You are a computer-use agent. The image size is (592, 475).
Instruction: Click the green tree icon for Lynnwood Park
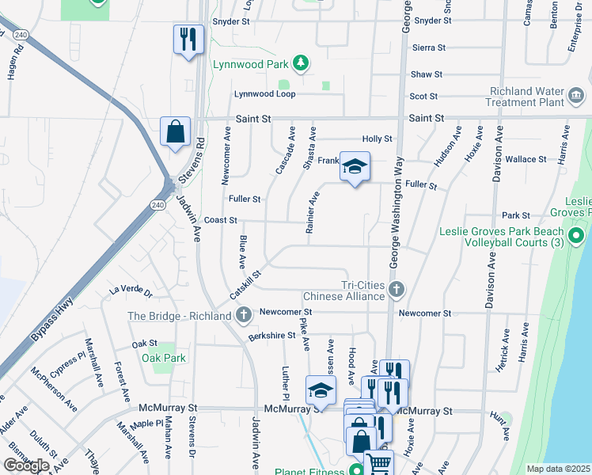tap(300, 63)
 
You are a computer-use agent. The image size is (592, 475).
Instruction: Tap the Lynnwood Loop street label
tap(264, 94)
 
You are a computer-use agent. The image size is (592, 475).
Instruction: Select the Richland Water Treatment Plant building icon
tap(577, 97)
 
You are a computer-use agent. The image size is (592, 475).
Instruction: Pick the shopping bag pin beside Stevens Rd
tap(175, 131)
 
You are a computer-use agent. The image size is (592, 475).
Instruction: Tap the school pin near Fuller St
tap(355, 165)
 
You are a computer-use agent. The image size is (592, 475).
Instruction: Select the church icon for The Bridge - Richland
tap(245, 315)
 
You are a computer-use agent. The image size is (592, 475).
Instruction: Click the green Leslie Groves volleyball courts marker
tap(577, 236)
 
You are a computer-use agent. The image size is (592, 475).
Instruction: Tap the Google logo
tap(26, 465)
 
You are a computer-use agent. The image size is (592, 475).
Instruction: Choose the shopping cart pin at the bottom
tap(379, 463)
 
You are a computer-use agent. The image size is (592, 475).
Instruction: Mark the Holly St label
tap(377, 139)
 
